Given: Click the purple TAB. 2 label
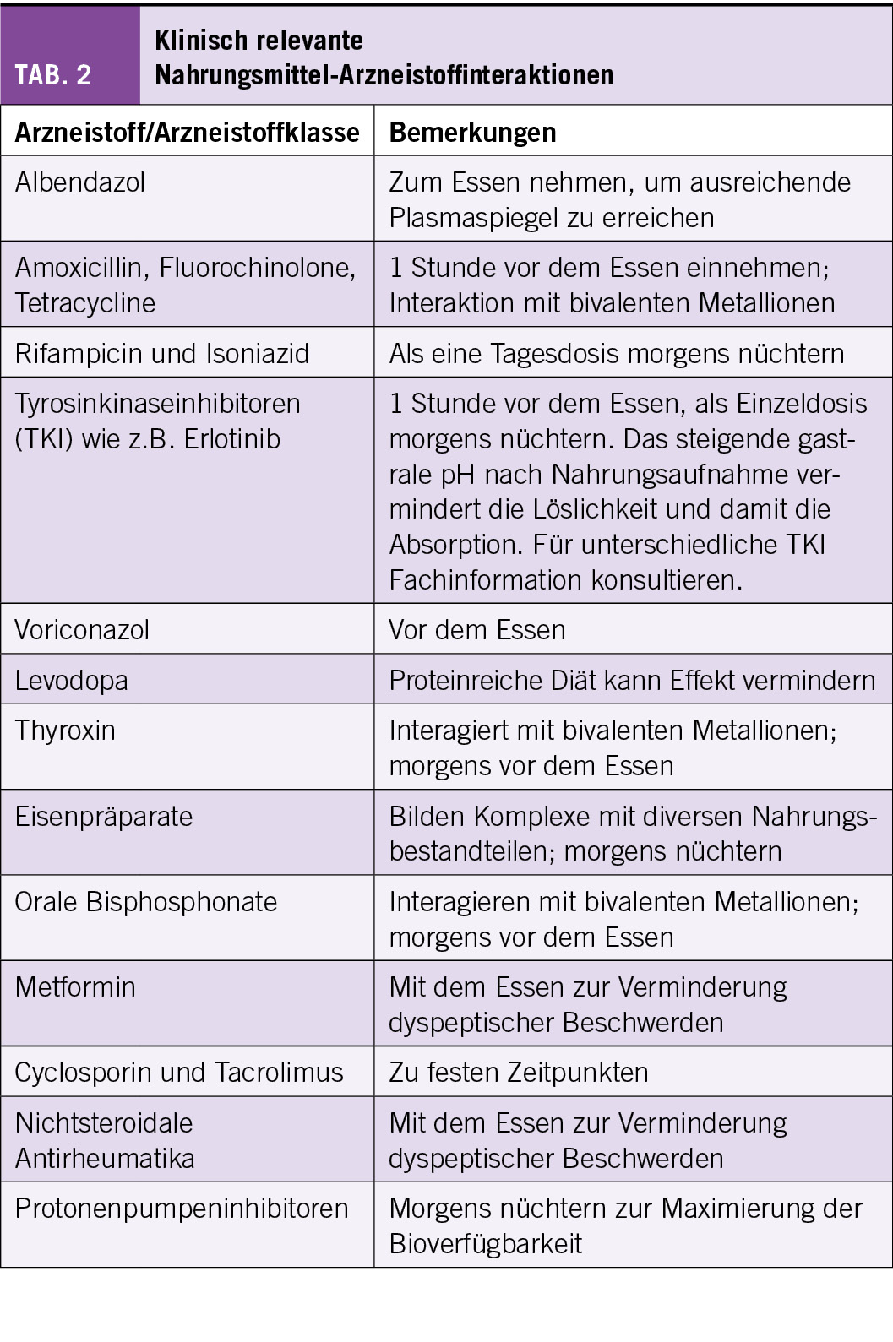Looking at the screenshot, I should click(x=53, y=75).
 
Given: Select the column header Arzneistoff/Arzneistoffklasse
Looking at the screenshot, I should click(x=188, y=133).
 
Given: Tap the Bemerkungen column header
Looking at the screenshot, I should click(x=472, y=133).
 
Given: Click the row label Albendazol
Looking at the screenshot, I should click(x=80, y=182).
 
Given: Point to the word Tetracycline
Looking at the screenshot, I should click(x=85, y=303).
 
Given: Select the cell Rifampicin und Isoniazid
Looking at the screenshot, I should click(x=162, y=353).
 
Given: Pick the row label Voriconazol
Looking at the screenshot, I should click(x=82, y=630).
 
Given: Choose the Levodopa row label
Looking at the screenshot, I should click(x=72, y=681).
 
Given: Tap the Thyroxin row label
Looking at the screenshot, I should click(x=65, y=731).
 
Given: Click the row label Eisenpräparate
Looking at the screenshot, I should click(x=104, y=817).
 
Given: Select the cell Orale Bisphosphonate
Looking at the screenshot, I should click(x=146, y=902).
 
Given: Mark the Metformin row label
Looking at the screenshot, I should click(x=75, y=987).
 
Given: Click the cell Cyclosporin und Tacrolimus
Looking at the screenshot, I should click(x=179, y=1073).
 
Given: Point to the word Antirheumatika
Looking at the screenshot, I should click(x=105, y=1159).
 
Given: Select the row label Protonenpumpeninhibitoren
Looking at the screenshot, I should click(x=182, y=1209).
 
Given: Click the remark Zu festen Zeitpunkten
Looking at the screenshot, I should click(x=519, y=1073).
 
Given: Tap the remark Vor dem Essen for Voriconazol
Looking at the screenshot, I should click(x=477, y=630).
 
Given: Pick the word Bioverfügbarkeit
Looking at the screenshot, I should click(x=486, y=1244).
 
